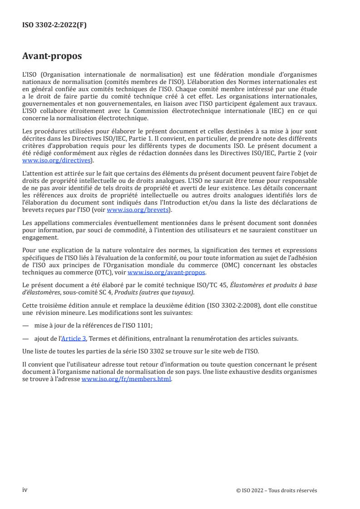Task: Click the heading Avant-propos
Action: click(52, 57)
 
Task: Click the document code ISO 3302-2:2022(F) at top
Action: click(54, 25)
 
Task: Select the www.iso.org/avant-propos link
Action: click(167, 273)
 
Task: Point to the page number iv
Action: click(25, 490)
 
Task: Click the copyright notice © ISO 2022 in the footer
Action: click(276, 490)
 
